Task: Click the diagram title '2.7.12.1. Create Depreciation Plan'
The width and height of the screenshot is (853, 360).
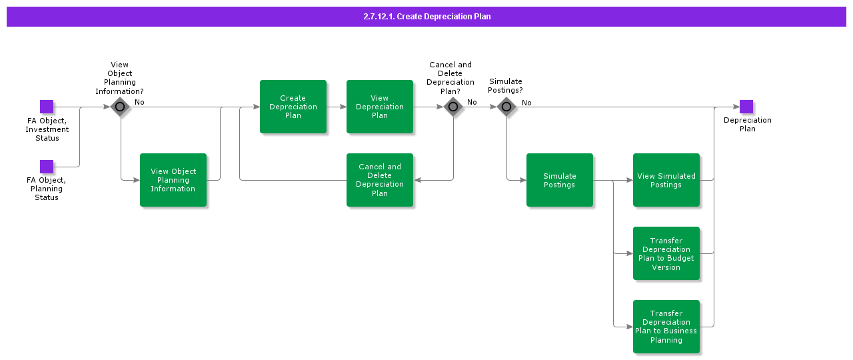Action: pos(426,17)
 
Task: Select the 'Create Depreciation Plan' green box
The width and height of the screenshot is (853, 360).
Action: pos(293,107)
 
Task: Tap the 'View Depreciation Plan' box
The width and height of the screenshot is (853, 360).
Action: pos(380,107)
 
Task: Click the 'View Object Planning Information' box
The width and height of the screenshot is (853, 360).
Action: pos(173,180)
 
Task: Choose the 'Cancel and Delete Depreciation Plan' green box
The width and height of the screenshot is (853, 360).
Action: pos(380,180)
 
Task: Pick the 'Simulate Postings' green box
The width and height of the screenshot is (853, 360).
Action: pos(560,180)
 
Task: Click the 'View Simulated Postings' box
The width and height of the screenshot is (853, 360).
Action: pos(666,180)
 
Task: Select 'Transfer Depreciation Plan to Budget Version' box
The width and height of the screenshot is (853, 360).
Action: pos(666,253)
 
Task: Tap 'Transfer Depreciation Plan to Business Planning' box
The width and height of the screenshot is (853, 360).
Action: pos(666,327)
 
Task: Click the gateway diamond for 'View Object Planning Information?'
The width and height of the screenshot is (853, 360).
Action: pos(120,107)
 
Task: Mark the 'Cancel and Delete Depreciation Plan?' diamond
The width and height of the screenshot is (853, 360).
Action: pos(453,107)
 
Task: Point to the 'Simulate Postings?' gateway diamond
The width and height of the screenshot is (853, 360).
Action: pos(506,107)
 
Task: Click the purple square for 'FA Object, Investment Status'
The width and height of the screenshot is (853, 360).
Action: pos(47,107)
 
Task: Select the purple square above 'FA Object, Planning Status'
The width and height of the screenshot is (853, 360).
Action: pos(47,167)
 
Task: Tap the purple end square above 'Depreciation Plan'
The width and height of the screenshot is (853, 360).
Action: pos(746,107)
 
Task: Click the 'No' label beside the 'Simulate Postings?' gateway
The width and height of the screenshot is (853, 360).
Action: pos(526,103)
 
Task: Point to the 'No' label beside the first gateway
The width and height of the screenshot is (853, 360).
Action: pos(139,102)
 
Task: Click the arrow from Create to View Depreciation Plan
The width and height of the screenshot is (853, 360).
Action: pos(337,107)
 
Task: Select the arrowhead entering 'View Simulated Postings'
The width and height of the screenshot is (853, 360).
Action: pos(629,180)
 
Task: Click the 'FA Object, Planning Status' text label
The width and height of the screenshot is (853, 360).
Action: pos(47,189)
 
